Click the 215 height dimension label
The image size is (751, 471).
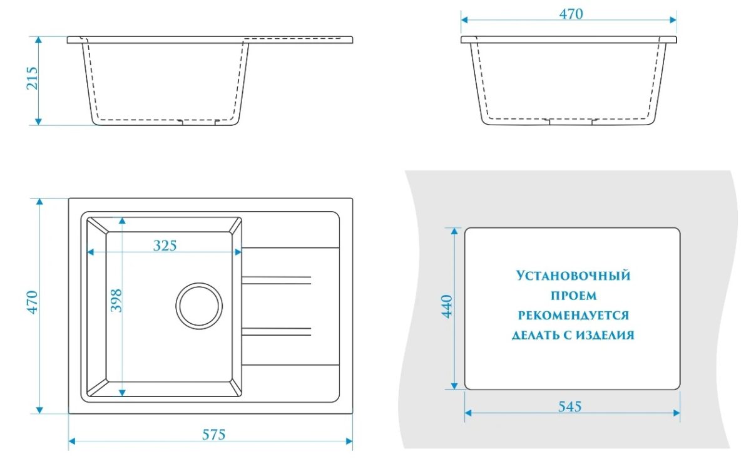33,78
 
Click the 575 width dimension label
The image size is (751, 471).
214,435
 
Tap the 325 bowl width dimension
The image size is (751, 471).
165,246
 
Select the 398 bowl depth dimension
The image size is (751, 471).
116,301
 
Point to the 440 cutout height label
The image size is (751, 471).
447,306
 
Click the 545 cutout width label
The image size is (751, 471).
570,406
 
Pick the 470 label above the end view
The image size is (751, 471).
571,14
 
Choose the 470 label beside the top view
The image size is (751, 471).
33,303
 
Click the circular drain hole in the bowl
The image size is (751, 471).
199,306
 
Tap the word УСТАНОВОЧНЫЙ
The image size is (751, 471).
573,276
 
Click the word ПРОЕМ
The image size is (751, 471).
574,296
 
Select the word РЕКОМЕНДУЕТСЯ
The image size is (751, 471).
574,315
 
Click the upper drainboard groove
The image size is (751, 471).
276,281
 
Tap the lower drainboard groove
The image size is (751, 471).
276,331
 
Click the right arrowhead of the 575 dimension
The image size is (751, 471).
349,441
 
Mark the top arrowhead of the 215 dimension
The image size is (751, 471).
39,40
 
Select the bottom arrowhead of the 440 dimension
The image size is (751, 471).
454,386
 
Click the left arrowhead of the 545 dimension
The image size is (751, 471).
468,413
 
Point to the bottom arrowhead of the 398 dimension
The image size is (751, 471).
122,393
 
